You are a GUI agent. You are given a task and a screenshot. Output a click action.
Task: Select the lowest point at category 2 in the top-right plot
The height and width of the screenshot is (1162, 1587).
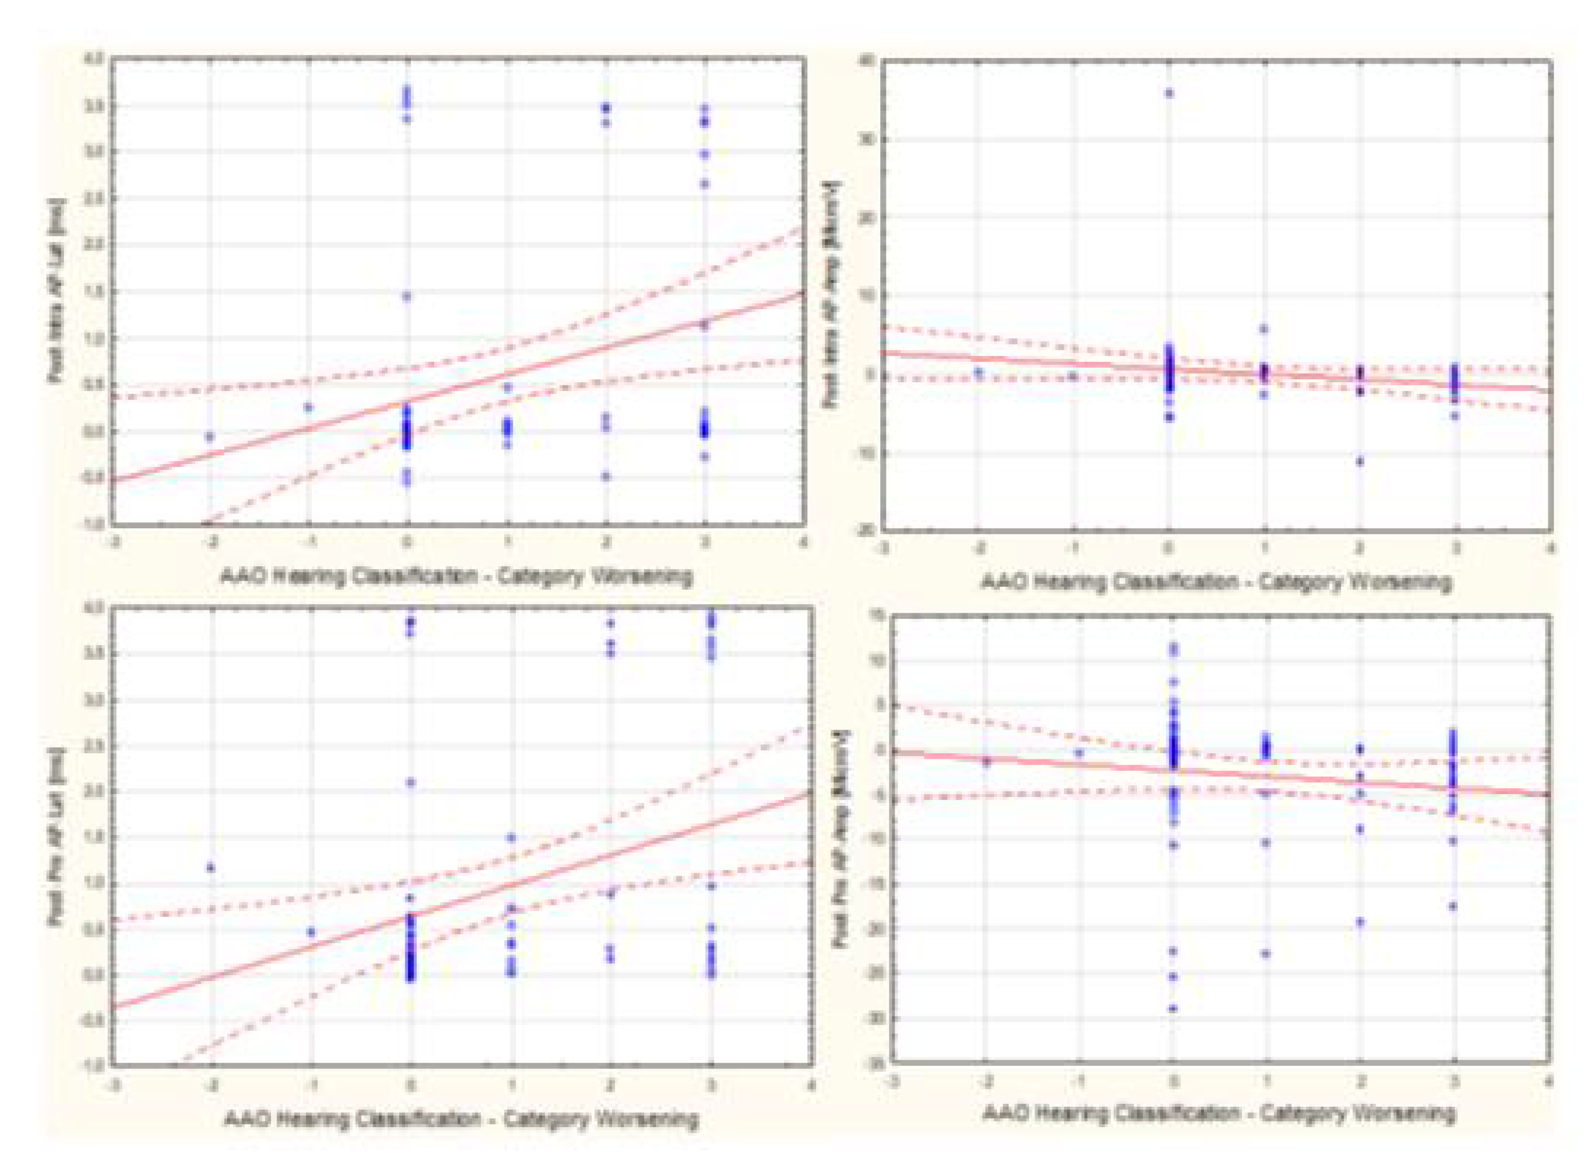click(1360, 461)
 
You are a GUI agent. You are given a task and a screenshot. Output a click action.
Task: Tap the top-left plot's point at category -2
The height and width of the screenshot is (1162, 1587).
click(209, 437)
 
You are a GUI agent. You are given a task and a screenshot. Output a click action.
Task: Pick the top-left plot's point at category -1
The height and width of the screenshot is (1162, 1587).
click(308, 407)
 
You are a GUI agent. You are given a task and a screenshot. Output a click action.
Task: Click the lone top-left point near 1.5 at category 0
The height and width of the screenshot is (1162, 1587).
click(406, 296)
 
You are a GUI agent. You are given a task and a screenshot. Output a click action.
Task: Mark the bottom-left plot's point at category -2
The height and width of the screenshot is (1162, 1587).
click(210, 867)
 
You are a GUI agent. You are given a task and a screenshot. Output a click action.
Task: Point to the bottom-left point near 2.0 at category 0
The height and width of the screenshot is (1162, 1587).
click(411, 782)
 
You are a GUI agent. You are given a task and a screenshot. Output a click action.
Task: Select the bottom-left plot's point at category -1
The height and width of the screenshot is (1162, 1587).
click(311, 932)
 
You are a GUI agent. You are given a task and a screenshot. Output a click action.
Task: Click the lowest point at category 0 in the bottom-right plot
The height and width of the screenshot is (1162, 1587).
click(1173, 1008)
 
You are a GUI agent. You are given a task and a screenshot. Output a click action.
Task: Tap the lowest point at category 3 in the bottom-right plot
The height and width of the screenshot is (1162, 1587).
click(1453, 906)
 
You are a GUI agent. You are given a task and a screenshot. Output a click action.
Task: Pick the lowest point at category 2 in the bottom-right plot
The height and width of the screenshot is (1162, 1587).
click(1360, 921)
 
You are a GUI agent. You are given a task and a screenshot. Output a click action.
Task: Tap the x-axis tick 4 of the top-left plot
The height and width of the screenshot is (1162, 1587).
click(803, 543)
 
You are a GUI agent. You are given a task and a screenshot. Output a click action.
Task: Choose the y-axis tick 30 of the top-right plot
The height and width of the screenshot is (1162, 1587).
click(865, 139)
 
